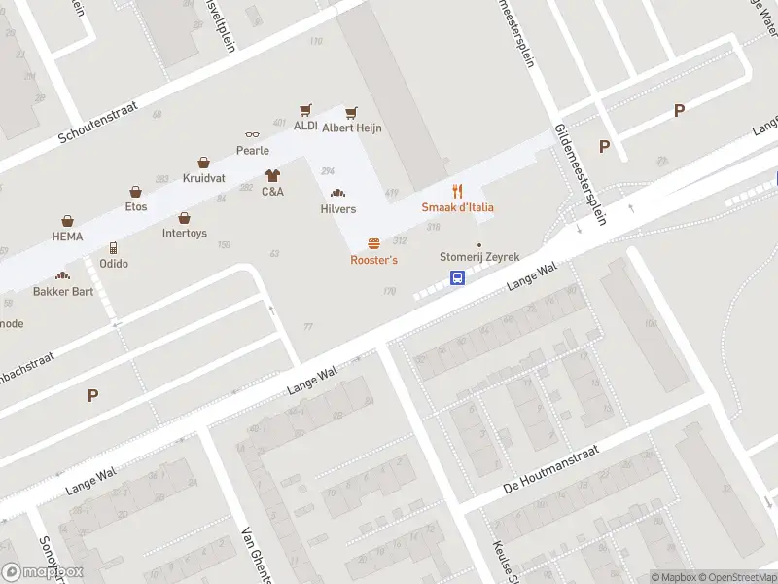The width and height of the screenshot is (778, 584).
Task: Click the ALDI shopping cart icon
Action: coord(305,111)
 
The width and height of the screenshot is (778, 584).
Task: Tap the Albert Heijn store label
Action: coord(351,128)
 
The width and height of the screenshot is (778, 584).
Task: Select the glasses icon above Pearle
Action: coord(252,135)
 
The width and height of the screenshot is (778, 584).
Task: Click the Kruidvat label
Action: coord(203,178)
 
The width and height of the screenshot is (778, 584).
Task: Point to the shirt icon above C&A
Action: coord(272,176)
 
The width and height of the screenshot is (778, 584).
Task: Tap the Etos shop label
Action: coord(135,206)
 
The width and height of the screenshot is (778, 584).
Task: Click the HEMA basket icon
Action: coord(67,221)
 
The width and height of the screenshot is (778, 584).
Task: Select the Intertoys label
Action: coord(184,234)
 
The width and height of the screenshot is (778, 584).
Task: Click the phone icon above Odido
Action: coord(113,248)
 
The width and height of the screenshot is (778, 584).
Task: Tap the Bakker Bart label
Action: coord(62,291)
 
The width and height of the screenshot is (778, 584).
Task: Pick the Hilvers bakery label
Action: coord(338,209)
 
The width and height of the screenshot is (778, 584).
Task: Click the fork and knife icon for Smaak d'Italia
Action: coord(457,191)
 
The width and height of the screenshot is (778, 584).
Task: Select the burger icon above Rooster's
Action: coord(373,244)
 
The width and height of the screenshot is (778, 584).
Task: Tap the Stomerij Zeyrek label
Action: coord(479,258)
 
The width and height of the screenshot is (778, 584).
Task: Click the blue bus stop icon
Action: coord(457,277)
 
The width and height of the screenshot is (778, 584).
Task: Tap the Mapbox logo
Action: coord(43,572)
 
